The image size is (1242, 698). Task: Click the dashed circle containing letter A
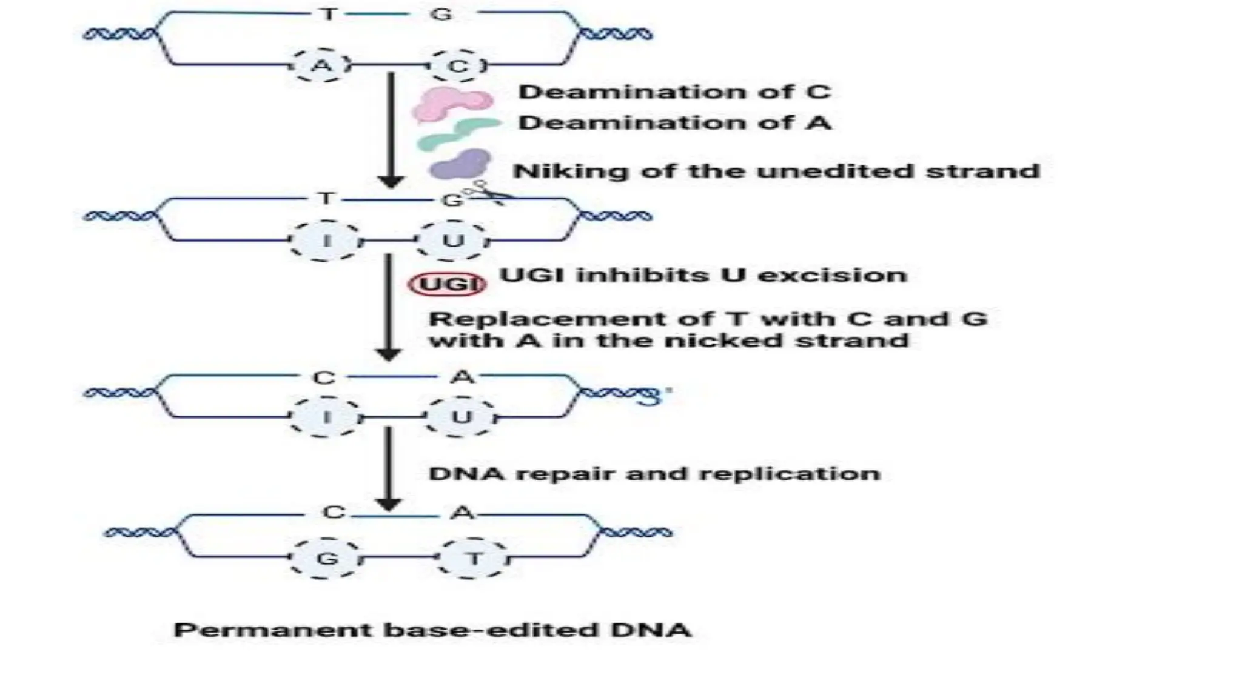[x=321, y=65]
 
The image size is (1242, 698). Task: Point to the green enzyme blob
[x=458, y=135]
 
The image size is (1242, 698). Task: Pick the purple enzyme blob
[x=460, y=164]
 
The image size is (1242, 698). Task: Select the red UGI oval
[x=448, y=284]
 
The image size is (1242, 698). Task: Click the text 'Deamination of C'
[x=674, y=92]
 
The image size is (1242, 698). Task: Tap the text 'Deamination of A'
[x=674, y=123]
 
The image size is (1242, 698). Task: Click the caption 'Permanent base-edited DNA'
[x=432, y=630]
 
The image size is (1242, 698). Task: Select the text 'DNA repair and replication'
[x=654, y=473]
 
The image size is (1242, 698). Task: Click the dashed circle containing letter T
[x=474, y=558]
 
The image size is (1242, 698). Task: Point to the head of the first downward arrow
[x=391, y=181]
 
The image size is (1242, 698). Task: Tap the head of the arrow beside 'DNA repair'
[x=388, y=503]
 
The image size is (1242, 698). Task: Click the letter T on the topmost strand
[x=328, y=14]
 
